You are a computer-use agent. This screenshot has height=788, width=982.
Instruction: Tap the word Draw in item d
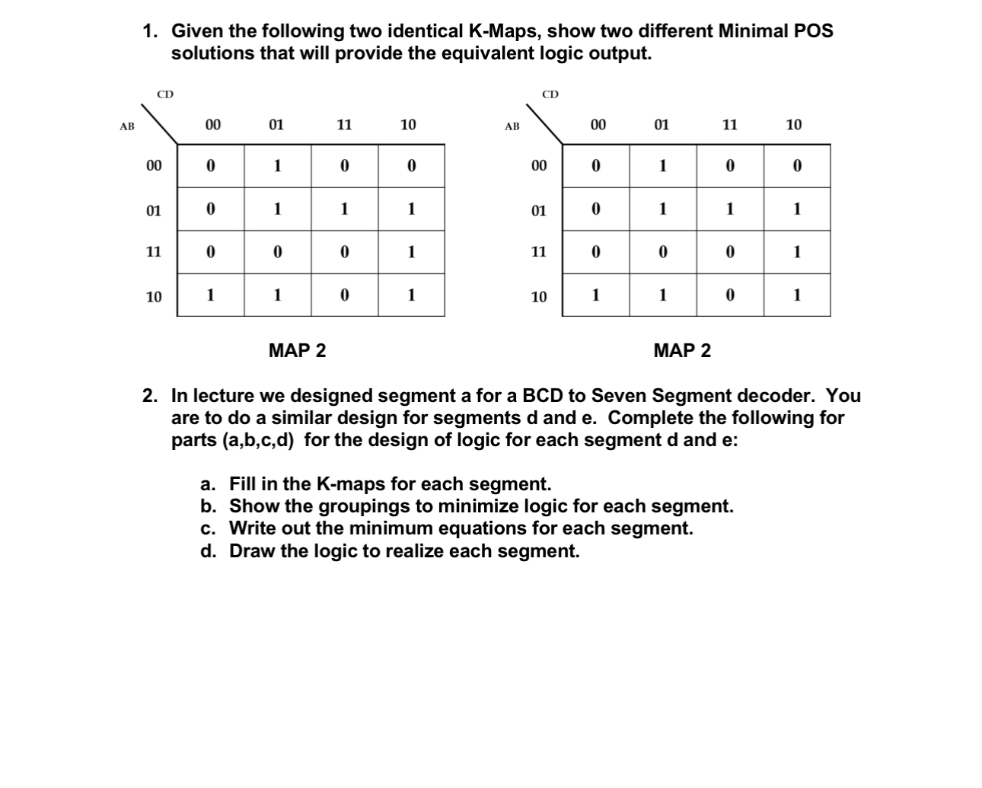pos(253,551)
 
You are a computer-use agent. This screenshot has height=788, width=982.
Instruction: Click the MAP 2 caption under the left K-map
pos(297,351)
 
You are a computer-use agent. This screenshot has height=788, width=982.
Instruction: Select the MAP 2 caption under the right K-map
pos(682,351)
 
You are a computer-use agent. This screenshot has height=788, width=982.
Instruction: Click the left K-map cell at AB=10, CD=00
pos(211,295)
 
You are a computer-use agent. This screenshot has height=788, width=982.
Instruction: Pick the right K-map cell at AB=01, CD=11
pos(730,209)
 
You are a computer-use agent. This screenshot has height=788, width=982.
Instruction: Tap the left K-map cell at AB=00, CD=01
pos(277,166)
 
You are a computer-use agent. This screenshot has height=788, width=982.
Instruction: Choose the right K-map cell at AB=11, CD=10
pos(797,252)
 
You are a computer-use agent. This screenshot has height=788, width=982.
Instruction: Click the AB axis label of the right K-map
pos(512,126)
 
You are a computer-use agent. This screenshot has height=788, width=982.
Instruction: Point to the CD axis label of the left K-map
pos(165,94)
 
